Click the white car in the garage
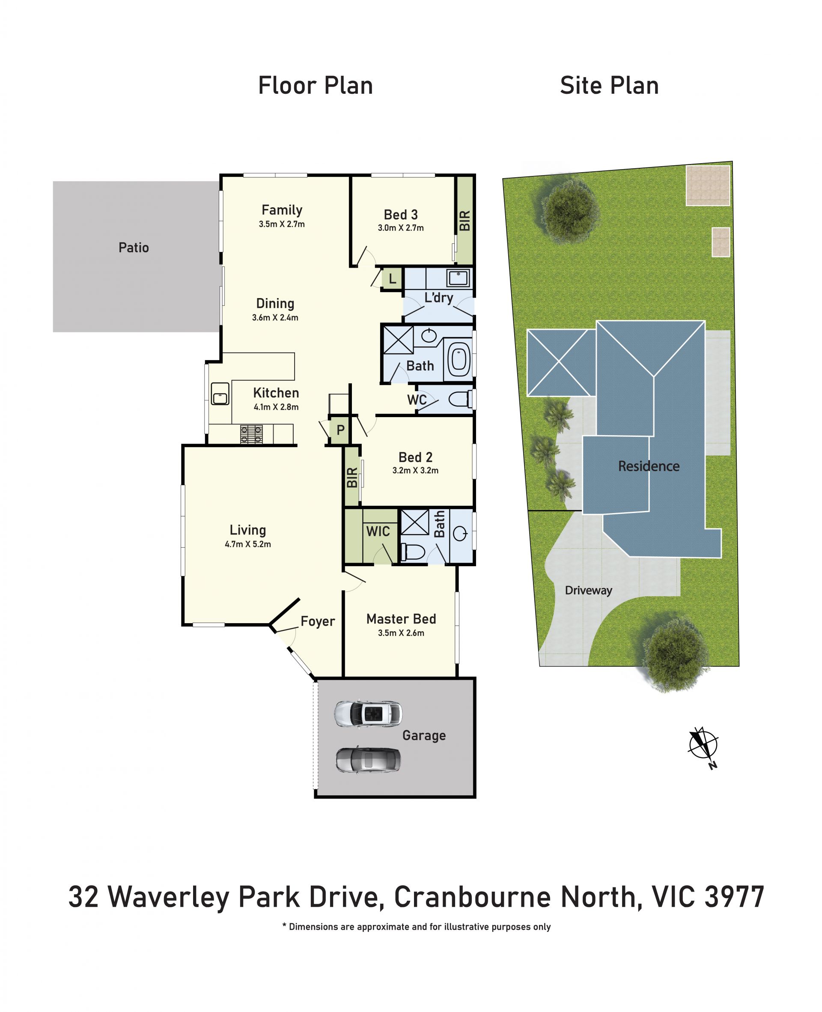pyautogui.click(x=368, y=713)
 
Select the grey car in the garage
pyautogui.click(x=368, y=760)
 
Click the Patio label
pyautogui.click(x=134, y=248)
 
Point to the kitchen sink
pyautogui.click(x=220, y=394)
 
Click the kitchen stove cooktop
pyautogui.click(x=251, y=434)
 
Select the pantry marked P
pyautogui.click(x=340, y=430)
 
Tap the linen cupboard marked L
pyautogui.click(x=392, y=279)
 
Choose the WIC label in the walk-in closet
pyautogui.click(x=378, y=531)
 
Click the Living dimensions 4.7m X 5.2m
pyautogui.click(x=247, y=544)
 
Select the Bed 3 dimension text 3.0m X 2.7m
pyautogui.click(x=401, y=228)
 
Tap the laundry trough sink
pyautogui.click(x=458, y=278)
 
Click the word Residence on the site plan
pyautogui.click(x=649, y=466)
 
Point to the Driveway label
pyautogui.click(x=589, y=591)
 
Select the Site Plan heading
pyautogui.click(x=609, y=86)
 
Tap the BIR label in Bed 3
pyautogui.click(x=465, y=221)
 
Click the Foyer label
pyautogui.click(x=318, y=621)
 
